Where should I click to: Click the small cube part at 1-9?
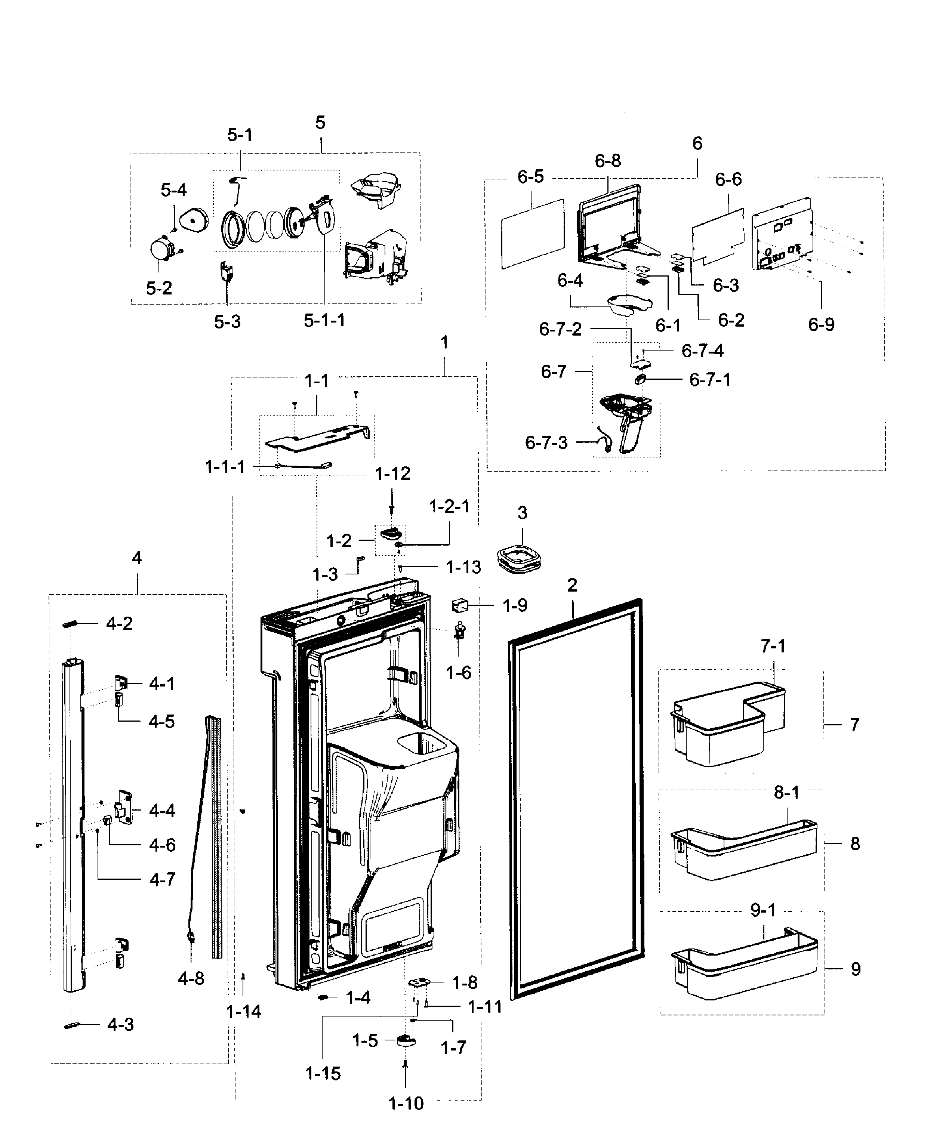459,605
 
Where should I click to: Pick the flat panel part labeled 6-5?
532,234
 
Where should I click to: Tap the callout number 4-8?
191,978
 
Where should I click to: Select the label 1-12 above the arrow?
392,474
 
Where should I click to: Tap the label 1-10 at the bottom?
406,1104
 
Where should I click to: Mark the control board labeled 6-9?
782,235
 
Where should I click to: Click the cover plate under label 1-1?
316,436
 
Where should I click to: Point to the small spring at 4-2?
71,624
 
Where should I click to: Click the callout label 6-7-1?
710,380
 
